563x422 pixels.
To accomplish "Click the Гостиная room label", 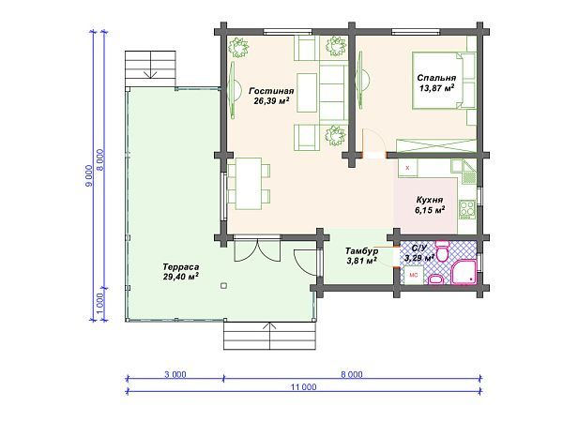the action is pyautogui.click(x=271, y=91).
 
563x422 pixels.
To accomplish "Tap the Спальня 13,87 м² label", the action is pyautogui.click(x=436, y=83).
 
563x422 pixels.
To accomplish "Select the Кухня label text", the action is pyautogui.click(x=430, y=200).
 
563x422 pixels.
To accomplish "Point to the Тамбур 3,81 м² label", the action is pyautogui.click(x=361, y=255).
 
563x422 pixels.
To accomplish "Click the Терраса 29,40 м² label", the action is pyautogui.click(x=181, y=272).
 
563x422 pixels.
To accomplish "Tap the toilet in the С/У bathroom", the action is pyautogui.click(x=442, y=251).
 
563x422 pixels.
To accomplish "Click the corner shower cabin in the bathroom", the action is pyautogui.click(x=464, y=272).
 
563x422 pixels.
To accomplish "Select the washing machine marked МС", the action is pyautogui.click(x=414, y=276).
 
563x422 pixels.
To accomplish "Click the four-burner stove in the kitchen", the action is pyautogui.click(x=466, y=209).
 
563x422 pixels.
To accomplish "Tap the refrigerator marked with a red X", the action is pyautogui.click(x=407, y=168).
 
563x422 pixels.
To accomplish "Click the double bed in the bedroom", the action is pyautogui.click(x=444, y=80).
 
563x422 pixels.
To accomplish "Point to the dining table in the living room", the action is pyautogui.click(x=249, y=184).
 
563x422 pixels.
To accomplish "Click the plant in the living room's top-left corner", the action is pyautogui.click(x=238, y=47).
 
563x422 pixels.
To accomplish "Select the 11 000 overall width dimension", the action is pyautogui.click(x=304, y=387).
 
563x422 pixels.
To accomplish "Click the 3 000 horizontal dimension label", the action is pyautogui.click(x=175, y=374).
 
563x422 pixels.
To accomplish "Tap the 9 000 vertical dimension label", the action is pyautogui.click(x=89, y=176).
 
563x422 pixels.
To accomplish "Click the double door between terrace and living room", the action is pyautogui.click(x=257, y=249).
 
